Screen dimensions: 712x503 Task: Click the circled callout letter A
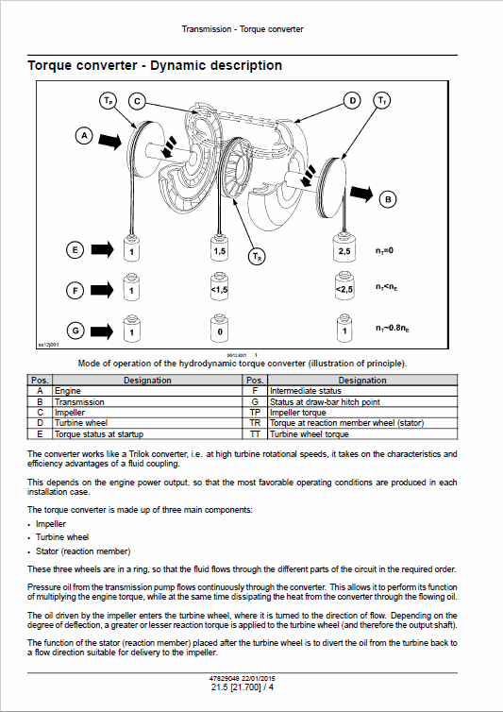click(x=84, y=137)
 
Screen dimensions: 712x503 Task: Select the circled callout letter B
click(x=388, y=199)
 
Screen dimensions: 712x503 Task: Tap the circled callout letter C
click(x=137, y=100)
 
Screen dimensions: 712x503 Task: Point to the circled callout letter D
click(x=351, y=100)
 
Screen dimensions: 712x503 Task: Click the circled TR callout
click(x=257, y=256)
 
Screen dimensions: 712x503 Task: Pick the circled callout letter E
click(x=75, y=250)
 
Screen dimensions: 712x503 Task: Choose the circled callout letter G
click(x=75, y=331)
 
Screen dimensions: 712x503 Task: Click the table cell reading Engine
click(x=68, y=390)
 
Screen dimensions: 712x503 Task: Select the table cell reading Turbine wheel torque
click(x=310, y=434)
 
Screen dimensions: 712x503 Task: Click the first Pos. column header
click(x=40, y=380)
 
